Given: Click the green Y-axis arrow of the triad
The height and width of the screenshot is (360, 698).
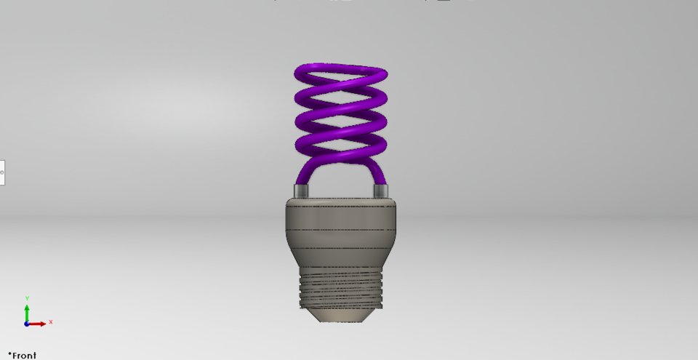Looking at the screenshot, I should pyautogui.click(x=27, y=312).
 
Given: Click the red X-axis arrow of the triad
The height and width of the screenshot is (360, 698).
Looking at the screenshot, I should pyautogui.click(x=39, y=323).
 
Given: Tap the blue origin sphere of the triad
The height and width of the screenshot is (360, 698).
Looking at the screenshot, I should pyautogui.click(x=27, y=324).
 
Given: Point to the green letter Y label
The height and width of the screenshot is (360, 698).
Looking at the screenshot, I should pyautogui.click(x=27, y=298).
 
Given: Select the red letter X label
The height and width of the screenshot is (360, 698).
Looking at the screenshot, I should pyautogui.click(x=51, y=321).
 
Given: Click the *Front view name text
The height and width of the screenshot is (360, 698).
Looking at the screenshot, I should pyautogui.click(x=22, y=356).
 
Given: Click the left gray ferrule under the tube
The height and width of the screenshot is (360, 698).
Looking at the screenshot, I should pyautogui.click(x=301, y=191).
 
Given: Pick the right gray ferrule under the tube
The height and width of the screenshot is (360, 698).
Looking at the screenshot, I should pyautogui.click(x=381, y=191).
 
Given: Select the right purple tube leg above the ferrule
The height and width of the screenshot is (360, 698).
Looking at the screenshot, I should pyautogui.click(x=379, y=173).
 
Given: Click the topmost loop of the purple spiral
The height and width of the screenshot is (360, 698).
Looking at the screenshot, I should pyautogui.click(x=340, y=70).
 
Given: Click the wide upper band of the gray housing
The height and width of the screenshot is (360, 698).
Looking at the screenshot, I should pyautogui.click(x=340, y=215).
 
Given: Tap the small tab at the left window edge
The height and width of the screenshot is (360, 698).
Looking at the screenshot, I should pyautogui.click(x=2, y=172).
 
